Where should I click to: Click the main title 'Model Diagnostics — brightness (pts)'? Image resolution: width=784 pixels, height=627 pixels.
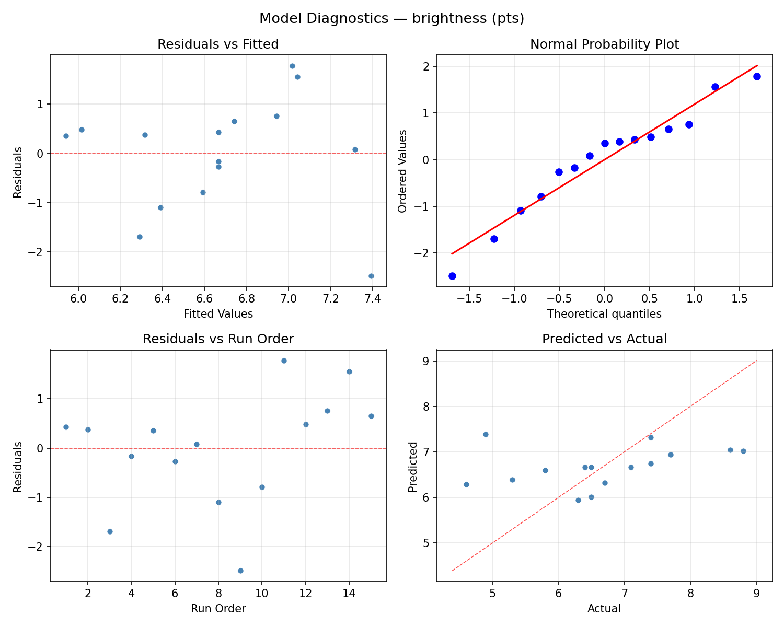pyautogui.click(x=391, y=18)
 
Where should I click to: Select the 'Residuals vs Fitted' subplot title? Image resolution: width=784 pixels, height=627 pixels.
pyautogui.click(x=218, y=44)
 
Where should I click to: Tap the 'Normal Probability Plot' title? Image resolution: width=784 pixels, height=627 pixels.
pyautogui.click(x=604, y=44)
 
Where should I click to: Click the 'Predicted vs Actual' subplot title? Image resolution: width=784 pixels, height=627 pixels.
pyautogui.click(x=604, y=339)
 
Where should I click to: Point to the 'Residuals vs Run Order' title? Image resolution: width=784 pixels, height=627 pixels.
pyautogui.click(x=218, y=339)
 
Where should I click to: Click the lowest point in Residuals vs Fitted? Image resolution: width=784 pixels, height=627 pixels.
pyautogui.click(x=371, y=276)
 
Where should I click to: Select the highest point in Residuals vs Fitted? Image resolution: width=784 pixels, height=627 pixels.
pyautogui.click(x=292, y=66)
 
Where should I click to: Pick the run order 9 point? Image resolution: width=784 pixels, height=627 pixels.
pyautogui.click(x=240, y=571)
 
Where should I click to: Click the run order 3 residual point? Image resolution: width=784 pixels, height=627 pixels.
pyautogui.click(x=110, y=531)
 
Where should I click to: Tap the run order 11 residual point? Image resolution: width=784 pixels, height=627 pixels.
pyautogui.click(x=284, y=361)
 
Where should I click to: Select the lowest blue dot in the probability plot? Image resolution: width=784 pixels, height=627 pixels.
pyautogui.click(x=452, y=276)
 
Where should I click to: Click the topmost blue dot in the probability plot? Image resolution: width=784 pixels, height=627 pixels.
pyautogui.click(x=757, y=76)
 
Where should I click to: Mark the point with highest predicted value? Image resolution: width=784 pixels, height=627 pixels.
pyautogui.click(x=486, y=434)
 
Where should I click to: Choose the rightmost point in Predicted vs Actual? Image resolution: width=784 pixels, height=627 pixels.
pyautogui.click(x=743, y=451)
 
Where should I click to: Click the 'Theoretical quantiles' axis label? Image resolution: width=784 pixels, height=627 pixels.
pyautogui.click(x=604, y=314)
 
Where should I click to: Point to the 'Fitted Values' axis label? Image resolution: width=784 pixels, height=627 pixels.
pyautogui.click(x=218, y=314)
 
